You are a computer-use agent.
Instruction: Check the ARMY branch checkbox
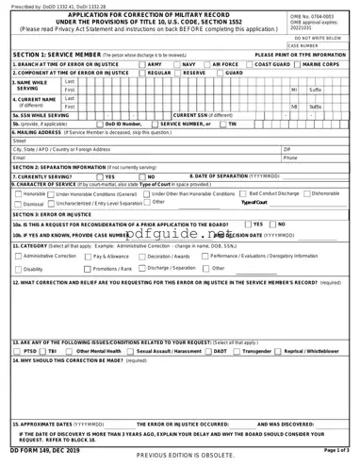coord(142,64)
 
